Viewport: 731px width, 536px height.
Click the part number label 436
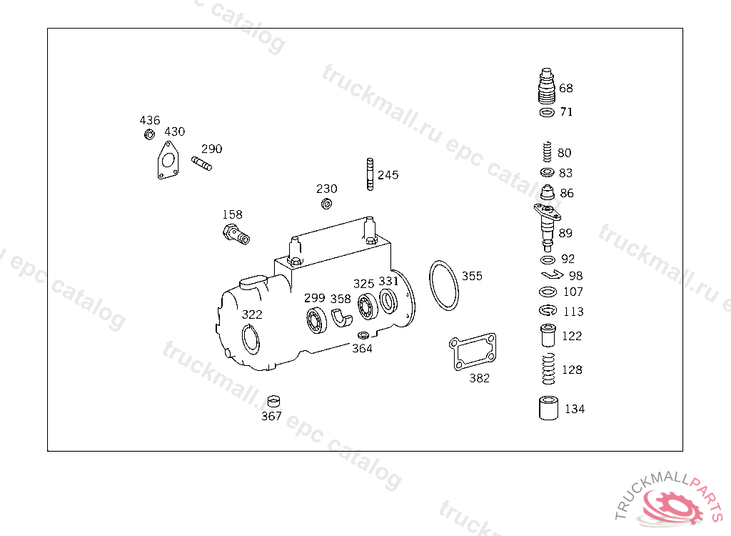150,120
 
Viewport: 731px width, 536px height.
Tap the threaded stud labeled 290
201,164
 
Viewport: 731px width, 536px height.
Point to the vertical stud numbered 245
370,174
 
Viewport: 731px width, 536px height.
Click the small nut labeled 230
327,204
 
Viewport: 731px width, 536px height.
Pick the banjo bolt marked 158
236,234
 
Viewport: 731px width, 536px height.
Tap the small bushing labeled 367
273,402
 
